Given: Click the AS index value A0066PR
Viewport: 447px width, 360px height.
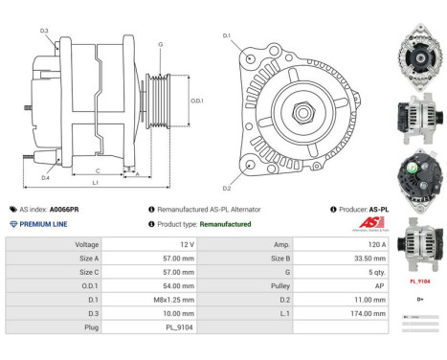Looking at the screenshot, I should [x=65, y=208].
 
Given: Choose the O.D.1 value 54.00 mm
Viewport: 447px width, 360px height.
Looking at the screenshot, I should [x=189, y=285].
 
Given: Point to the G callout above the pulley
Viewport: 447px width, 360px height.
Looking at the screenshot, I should [x=161, y=44].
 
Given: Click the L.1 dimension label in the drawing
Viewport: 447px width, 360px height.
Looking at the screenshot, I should [x=95, y=181].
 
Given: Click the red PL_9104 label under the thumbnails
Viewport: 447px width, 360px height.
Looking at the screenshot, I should [x=419, y=282].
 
